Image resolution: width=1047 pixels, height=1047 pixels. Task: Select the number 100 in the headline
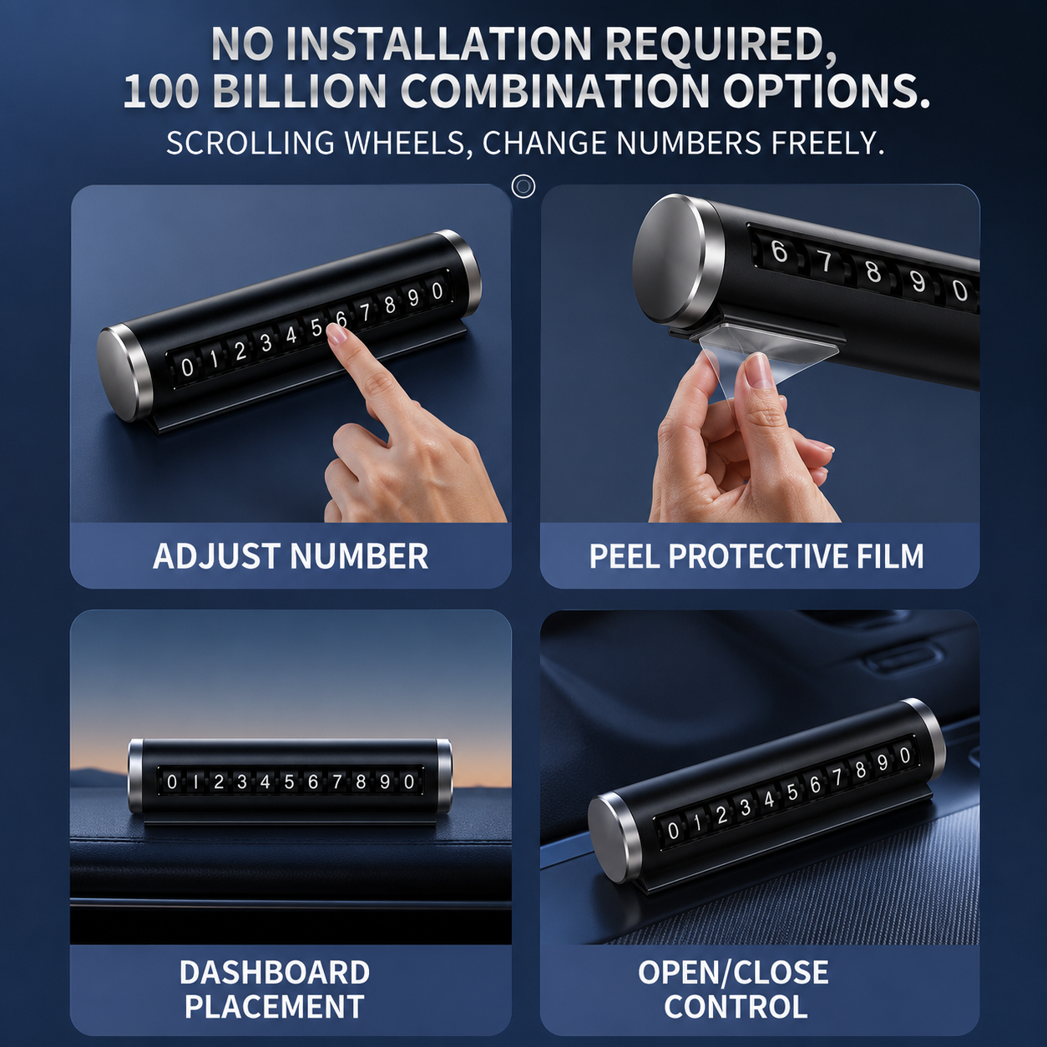coord(161,90)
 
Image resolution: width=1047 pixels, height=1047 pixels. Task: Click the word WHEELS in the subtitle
coord(405,144)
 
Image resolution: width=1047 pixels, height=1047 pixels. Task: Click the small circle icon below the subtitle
coord(523,186)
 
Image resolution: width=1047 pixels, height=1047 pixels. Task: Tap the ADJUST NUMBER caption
coord(291,556)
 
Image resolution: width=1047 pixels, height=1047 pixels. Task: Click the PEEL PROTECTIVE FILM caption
coord(756,556)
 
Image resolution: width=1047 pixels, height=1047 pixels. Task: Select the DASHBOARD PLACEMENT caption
coord(275,989)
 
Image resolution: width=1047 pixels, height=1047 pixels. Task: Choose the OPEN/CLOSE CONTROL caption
coord(734,989)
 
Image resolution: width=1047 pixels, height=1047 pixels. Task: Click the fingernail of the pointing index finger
coord(339,336)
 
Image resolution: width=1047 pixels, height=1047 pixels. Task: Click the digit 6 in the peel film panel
coord(780,251)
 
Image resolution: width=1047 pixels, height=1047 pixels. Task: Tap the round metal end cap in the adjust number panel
coord(124,374)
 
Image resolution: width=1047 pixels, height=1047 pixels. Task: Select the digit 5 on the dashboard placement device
coord(289,781)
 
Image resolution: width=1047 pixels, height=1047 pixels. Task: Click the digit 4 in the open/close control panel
coord(769,800)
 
